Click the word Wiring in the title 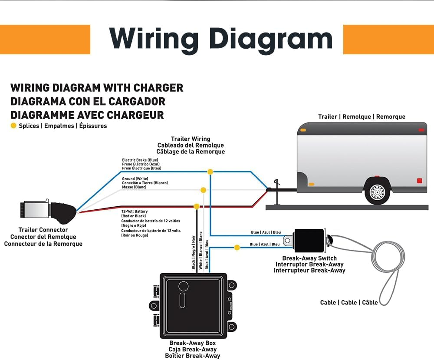coord(155,40)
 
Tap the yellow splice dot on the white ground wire coord(203,190)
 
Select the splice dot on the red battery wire coord(197,206)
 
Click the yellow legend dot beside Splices coord(13,126)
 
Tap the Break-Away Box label coord(192,343)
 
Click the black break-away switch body coord(309,241)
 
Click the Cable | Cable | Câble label coord(349,302)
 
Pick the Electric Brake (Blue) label coord(140,160)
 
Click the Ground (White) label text coord(135,179)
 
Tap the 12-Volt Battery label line coord(135,211)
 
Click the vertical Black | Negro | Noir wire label coord(194,252)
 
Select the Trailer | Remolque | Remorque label coord(362,117)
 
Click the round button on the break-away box coord(183,286)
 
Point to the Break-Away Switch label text coord(309,258)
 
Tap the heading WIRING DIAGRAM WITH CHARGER coord(97,88)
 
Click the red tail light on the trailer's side coord(419,180)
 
